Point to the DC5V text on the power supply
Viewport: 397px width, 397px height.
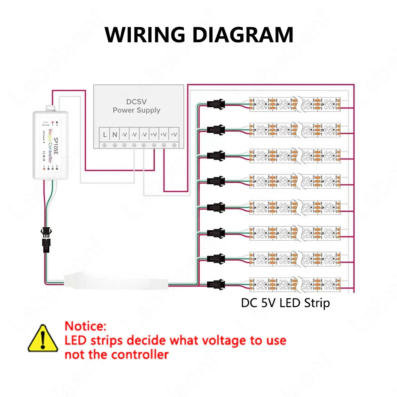[x=136, y=102]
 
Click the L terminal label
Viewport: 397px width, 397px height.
[x=104, y=135]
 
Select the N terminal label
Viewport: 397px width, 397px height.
[x=115, y=135]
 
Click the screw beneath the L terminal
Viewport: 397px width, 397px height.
[x=104, y=145]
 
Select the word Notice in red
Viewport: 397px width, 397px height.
[x=86, y=326]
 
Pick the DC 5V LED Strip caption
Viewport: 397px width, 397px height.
[x=285, y=303]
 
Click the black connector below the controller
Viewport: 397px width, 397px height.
[x=45, y=240]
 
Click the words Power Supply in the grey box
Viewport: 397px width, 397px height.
[x=136, y=110]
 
